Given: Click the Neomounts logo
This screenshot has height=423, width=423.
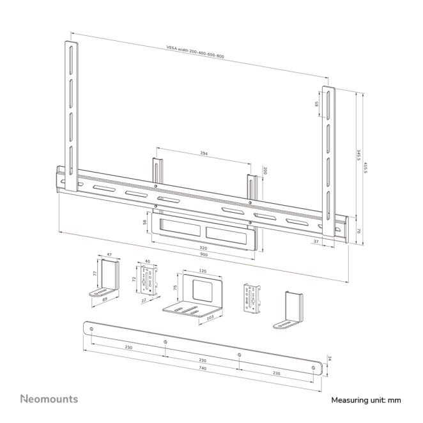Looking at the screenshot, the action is point(49,399).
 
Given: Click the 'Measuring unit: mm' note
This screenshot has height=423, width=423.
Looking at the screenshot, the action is point(366,400).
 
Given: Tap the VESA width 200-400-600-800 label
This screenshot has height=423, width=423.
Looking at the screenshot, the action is point(195,52).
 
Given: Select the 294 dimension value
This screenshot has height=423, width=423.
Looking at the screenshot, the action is point(204,153).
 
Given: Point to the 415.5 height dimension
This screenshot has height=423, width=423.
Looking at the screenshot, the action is point(365,167).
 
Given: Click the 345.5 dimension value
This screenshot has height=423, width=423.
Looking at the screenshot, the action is point(358,155).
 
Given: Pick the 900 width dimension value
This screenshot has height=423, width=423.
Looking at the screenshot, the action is point(204,254).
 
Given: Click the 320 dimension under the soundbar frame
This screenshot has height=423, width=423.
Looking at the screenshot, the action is point(203,248).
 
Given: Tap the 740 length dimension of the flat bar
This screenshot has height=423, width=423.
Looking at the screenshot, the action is point(203,368).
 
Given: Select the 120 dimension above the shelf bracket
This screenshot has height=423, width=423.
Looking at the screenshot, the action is point(203,271).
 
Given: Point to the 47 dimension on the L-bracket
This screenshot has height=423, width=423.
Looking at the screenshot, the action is point(109,254).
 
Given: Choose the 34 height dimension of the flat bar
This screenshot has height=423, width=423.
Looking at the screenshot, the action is point(329,358).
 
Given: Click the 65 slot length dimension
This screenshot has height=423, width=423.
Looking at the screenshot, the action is point(317,104).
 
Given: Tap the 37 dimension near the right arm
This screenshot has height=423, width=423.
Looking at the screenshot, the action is point(316,242).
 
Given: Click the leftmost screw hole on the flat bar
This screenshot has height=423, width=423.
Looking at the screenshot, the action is point(91,329).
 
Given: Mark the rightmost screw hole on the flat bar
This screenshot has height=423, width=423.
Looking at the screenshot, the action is point(313,367).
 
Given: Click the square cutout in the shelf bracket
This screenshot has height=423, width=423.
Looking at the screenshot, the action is point(202,289).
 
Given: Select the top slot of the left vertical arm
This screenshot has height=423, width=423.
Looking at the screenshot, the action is point(71,59).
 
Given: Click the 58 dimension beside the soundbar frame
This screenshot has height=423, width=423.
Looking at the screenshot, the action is point(144,222).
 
